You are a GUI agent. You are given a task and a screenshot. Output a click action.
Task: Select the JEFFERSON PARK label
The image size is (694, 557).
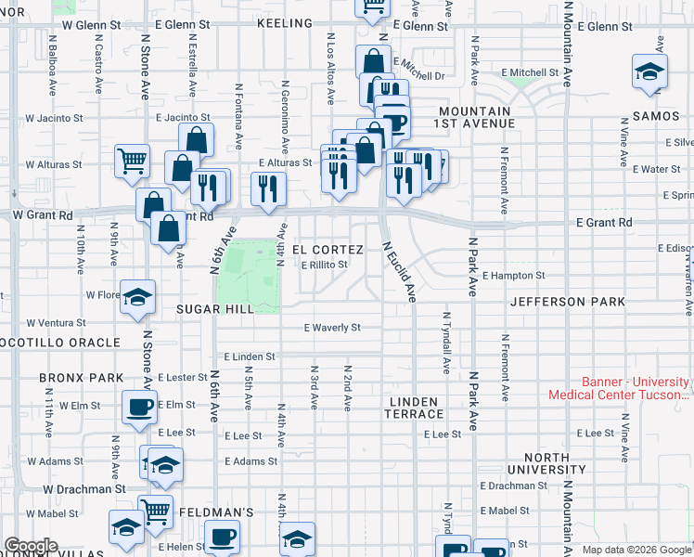(567, 302)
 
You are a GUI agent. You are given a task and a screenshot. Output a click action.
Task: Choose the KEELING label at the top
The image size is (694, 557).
(285, 21)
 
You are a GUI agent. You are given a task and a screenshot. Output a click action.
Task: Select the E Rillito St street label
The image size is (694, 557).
(324, 265)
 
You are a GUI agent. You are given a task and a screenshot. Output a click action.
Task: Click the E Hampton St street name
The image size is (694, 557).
(514, 276)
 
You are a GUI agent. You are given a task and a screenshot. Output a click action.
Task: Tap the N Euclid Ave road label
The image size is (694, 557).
(399, 272)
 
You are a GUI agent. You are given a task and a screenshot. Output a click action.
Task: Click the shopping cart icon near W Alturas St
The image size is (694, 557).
(133, 160)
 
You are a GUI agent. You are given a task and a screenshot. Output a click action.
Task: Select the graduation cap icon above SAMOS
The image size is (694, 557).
(649, 71)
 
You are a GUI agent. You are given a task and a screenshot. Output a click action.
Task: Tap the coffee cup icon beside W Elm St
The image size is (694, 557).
(140, 406)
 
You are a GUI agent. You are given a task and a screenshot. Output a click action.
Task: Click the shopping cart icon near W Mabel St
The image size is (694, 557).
(155, 511)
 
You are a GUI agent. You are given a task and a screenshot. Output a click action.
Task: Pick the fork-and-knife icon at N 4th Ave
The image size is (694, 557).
(269, 188)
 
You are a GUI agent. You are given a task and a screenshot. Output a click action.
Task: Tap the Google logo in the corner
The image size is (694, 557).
(31, 546)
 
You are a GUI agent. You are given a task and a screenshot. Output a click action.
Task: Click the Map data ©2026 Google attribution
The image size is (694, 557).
(636, 550)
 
